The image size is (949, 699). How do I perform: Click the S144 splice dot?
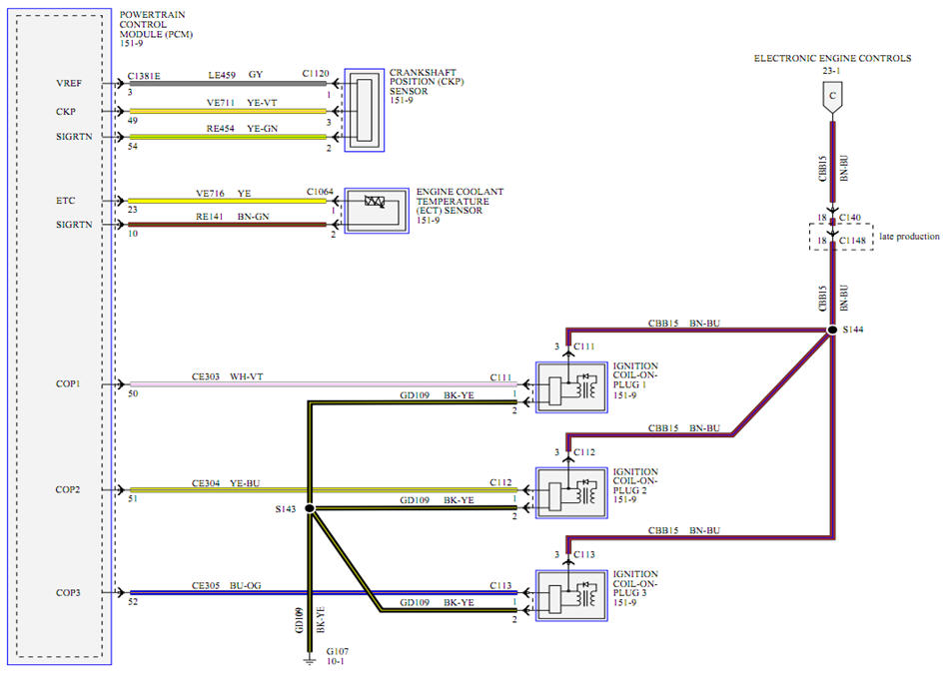click(831, 330)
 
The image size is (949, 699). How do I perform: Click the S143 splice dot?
click(309, 509)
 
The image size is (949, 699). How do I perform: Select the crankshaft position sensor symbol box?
click(364, 111)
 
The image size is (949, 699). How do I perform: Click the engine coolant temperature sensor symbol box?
click(376, 210)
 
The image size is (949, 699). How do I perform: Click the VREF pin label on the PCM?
click(71, 84)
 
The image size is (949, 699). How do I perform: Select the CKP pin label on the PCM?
click(69, 111)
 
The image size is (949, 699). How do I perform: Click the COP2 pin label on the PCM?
click(69, 489)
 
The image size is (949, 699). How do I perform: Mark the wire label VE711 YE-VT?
click(235, 102)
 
